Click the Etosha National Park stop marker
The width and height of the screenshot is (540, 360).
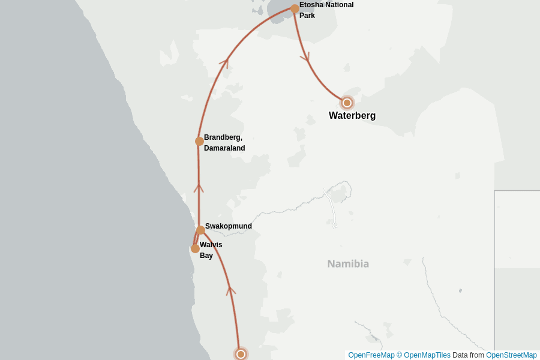click(295, 9)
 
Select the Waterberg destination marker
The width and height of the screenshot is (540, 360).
click(347, 103)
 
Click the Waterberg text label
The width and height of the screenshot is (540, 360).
click(352, 116)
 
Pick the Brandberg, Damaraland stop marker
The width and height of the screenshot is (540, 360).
click(199, 142)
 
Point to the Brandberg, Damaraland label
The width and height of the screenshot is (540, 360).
click(224, 143)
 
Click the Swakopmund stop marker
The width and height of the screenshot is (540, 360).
click(200, 230)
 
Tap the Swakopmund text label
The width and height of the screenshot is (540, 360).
click(228, 226)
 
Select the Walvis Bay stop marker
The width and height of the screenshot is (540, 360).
click(195, 248)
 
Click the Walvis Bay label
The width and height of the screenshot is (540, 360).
click(211, 250)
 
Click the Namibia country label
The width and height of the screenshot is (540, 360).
click(348, 263)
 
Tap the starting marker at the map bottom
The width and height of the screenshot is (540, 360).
click(241, 354)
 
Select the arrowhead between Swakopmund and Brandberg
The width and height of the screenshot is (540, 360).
click(199, 188)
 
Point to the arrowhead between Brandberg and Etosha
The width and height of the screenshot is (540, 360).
click(225, 61)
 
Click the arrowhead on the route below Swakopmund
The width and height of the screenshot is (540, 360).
click(230, 290)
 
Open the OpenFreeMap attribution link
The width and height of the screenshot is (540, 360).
click(371, 355)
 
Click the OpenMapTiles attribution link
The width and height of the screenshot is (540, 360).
click(427, 355)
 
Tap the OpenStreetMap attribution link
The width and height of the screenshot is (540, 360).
click(511, 355)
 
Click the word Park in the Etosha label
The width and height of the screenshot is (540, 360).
click(307, 16)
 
